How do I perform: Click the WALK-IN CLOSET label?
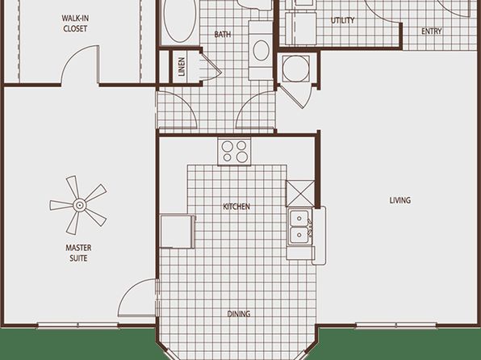(75, 23)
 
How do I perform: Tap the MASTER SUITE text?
(78, 253)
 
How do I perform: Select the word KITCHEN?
(236, 207)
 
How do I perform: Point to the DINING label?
(239, 314)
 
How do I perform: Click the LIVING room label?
(400, 200)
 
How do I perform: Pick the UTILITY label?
(343, 20)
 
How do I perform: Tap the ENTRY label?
(431, 31)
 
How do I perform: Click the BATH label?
(223, 34)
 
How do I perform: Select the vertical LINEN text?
(182, 67)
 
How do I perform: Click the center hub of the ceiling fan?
(80, 205)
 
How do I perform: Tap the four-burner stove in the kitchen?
(234, 152)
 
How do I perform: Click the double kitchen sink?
(299, 227)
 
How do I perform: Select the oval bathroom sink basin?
(261, 50)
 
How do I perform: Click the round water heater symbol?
(295, 68)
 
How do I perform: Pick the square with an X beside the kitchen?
(300, 194)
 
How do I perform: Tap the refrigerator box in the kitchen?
(178, 232)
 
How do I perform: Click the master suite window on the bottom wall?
(78, 325)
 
